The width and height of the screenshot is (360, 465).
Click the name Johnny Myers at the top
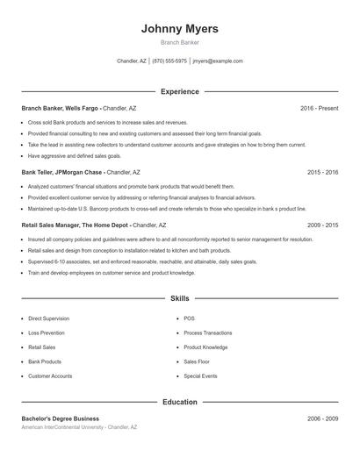pos(179,29)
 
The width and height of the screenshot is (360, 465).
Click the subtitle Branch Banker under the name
pos(179,43)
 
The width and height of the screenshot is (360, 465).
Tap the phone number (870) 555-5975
pos(169,61)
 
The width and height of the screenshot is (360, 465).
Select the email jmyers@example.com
pos(218,61)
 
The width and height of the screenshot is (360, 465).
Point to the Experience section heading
pos(179,91)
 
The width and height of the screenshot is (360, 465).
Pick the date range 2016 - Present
pos(319,108)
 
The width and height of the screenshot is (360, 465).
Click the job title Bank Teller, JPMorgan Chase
pos(61,173)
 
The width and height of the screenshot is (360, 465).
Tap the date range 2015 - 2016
pos(322,173)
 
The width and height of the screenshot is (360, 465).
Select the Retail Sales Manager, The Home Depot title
pos(75,225)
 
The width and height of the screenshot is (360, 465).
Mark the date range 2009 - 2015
pos(322,225)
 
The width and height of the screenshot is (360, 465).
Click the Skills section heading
pos(179,299)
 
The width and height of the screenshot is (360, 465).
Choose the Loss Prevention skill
pos(47,333)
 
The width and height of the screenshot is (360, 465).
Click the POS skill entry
pos(189,318)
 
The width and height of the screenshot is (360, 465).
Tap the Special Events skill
pos(200,376)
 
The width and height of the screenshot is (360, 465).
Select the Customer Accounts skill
pos(50,376)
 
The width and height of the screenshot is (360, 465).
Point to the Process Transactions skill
pos(208,333)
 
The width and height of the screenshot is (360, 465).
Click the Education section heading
pos(179,402)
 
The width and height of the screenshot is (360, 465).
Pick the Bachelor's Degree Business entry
pos(61,418)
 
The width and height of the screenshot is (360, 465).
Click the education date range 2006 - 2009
pos(322,418)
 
